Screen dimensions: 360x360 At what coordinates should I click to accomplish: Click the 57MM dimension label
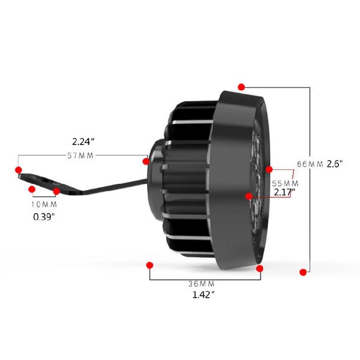[80, 156]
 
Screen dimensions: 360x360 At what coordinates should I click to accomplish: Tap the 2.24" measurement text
[84, 142]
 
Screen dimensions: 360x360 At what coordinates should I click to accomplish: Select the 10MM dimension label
[44, 204]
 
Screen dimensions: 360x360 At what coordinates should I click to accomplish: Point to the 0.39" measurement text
[44, 217]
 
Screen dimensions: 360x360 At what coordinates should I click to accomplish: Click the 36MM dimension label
[202, 284]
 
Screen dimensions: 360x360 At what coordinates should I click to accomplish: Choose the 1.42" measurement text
[203, 295]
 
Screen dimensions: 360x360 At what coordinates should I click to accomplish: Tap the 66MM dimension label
[310, 164]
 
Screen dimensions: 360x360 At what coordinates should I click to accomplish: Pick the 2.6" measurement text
[335, 164]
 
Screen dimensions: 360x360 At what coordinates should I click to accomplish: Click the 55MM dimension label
[285, 183]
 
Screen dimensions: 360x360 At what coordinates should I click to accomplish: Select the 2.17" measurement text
[285, 192]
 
